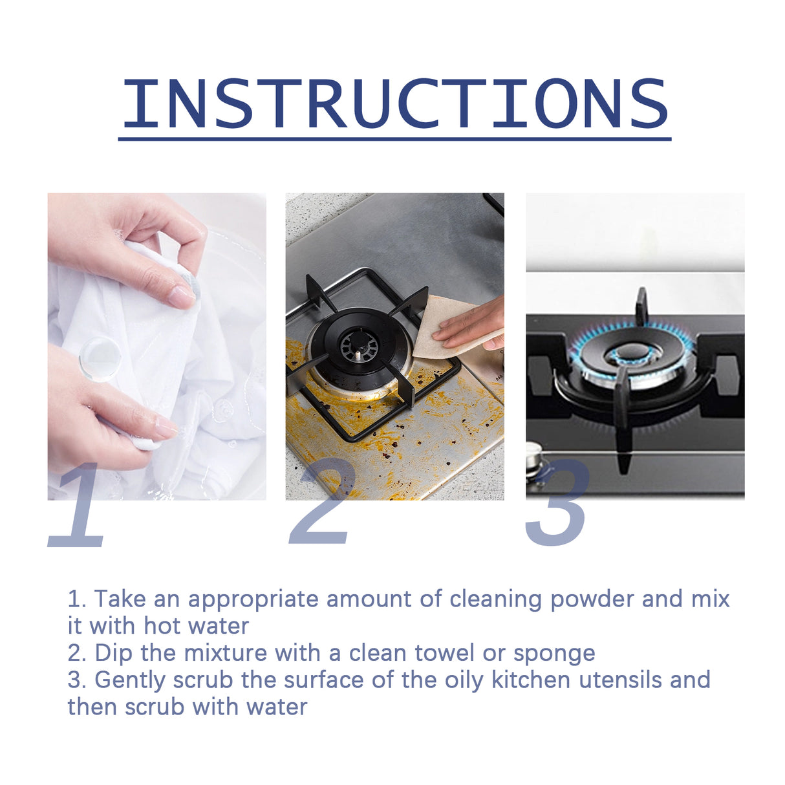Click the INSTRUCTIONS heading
394,103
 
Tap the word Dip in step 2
113,653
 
